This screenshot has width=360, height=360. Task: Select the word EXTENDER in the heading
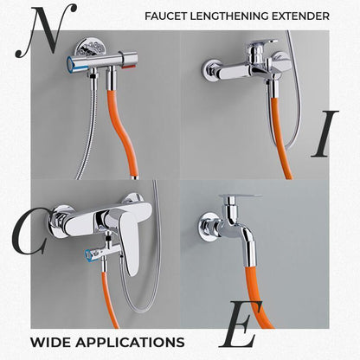tap(300, 16)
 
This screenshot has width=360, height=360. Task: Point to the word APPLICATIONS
tap(130, 343)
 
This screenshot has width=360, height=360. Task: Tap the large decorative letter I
tap(325, 133)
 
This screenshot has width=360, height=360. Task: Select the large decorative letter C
tap(29, 231)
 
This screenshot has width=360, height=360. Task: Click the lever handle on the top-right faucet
tap(263, 46)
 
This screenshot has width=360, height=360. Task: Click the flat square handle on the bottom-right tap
tap(241, 196)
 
